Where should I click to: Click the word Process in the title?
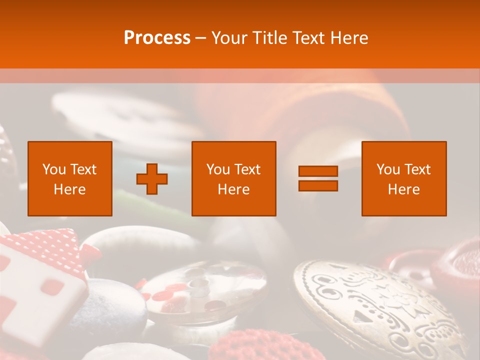pyautogui.click(x=157, y=38)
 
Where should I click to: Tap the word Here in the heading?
pyautogui.click(x=349, y=38)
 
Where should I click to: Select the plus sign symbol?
pyautogui.click(x=152, y=178)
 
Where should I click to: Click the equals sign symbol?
pyautogui.click(x=318, y=178)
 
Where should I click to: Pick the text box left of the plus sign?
pyautogui.click(x=70, y=178)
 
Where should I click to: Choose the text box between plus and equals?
pyautogui.click(x=233, y=178)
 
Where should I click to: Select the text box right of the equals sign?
pyautogui.click(x=404, y=178)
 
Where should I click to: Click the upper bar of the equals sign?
pyautogui.click(x=318, y=171)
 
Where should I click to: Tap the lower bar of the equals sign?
pyautogui.click(x=318, y=185)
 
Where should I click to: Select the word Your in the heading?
pyautogui.click(x=229, y=38)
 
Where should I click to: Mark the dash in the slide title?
pyautogui.click(x=200, y=38)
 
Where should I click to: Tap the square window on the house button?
pyautogui.click(x=52, y=286)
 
